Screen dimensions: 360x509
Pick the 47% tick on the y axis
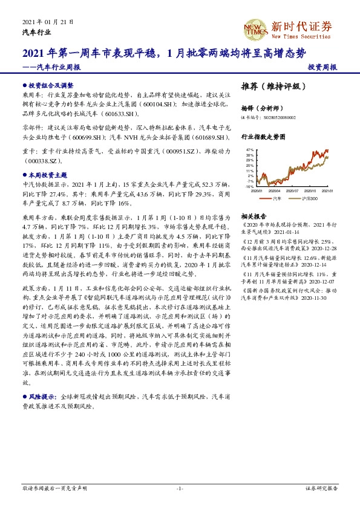click(x=249, y=149)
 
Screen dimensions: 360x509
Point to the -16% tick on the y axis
click(x=249, y=187)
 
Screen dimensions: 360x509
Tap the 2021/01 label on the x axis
click(x=327, y=190)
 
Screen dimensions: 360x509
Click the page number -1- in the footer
click(x=180, y=488)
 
